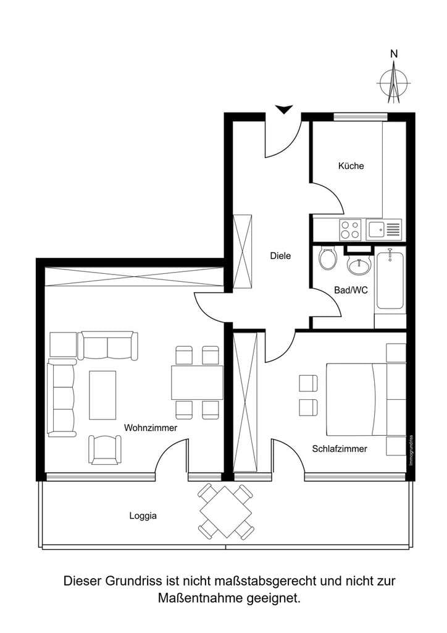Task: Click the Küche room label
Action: [x=351, y=166]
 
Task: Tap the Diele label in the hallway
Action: [x=280, y=255]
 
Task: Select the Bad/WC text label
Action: [x=351, y=290]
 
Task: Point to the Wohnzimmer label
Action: [x=151, y=428]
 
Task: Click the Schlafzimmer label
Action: [x=340, y=449]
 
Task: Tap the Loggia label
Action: [x=143, y=516]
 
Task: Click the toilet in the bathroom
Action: [x=327, y=257]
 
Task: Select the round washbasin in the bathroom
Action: [x=359, y=265]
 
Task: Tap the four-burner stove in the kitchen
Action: [x=350, y=229]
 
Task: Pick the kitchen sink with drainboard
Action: [x=385, y=229]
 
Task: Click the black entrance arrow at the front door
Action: [x=284, y=109]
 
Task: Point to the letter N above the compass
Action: [x=394, y=54]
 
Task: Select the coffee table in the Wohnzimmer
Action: [x=102, y=395]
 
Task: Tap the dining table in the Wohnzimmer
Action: [x=197, y=382]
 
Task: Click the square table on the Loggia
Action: [x=226, y=512]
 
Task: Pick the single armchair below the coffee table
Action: [x=105, y=450]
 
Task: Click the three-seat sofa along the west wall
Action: [x=62, y=397]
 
